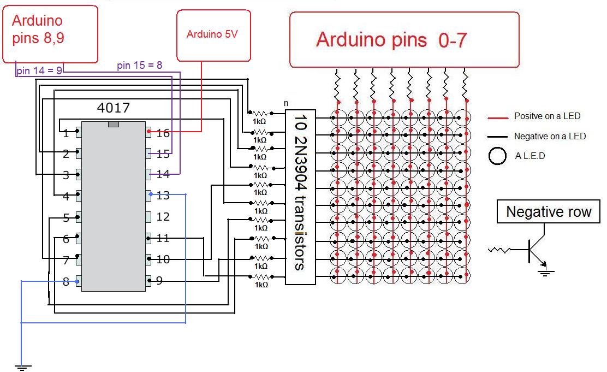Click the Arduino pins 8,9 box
point(50,34)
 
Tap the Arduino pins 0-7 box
point(404,40)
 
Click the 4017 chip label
point(113,107)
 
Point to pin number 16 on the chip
point(163,133)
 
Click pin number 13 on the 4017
point(163,196)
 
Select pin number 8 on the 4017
point(66,282)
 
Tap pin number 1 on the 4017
point(66,133)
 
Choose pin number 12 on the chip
point(163,217)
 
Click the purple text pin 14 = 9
point(39,70)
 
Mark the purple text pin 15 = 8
point(139,65)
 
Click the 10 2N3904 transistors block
point(300,191)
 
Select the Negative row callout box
point(548,212)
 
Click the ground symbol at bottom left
point(22,368)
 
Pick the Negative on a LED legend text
point(549,136)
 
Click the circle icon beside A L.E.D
point(497,156)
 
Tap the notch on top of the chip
point(113,125)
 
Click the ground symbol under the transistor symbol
point(544,271)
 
